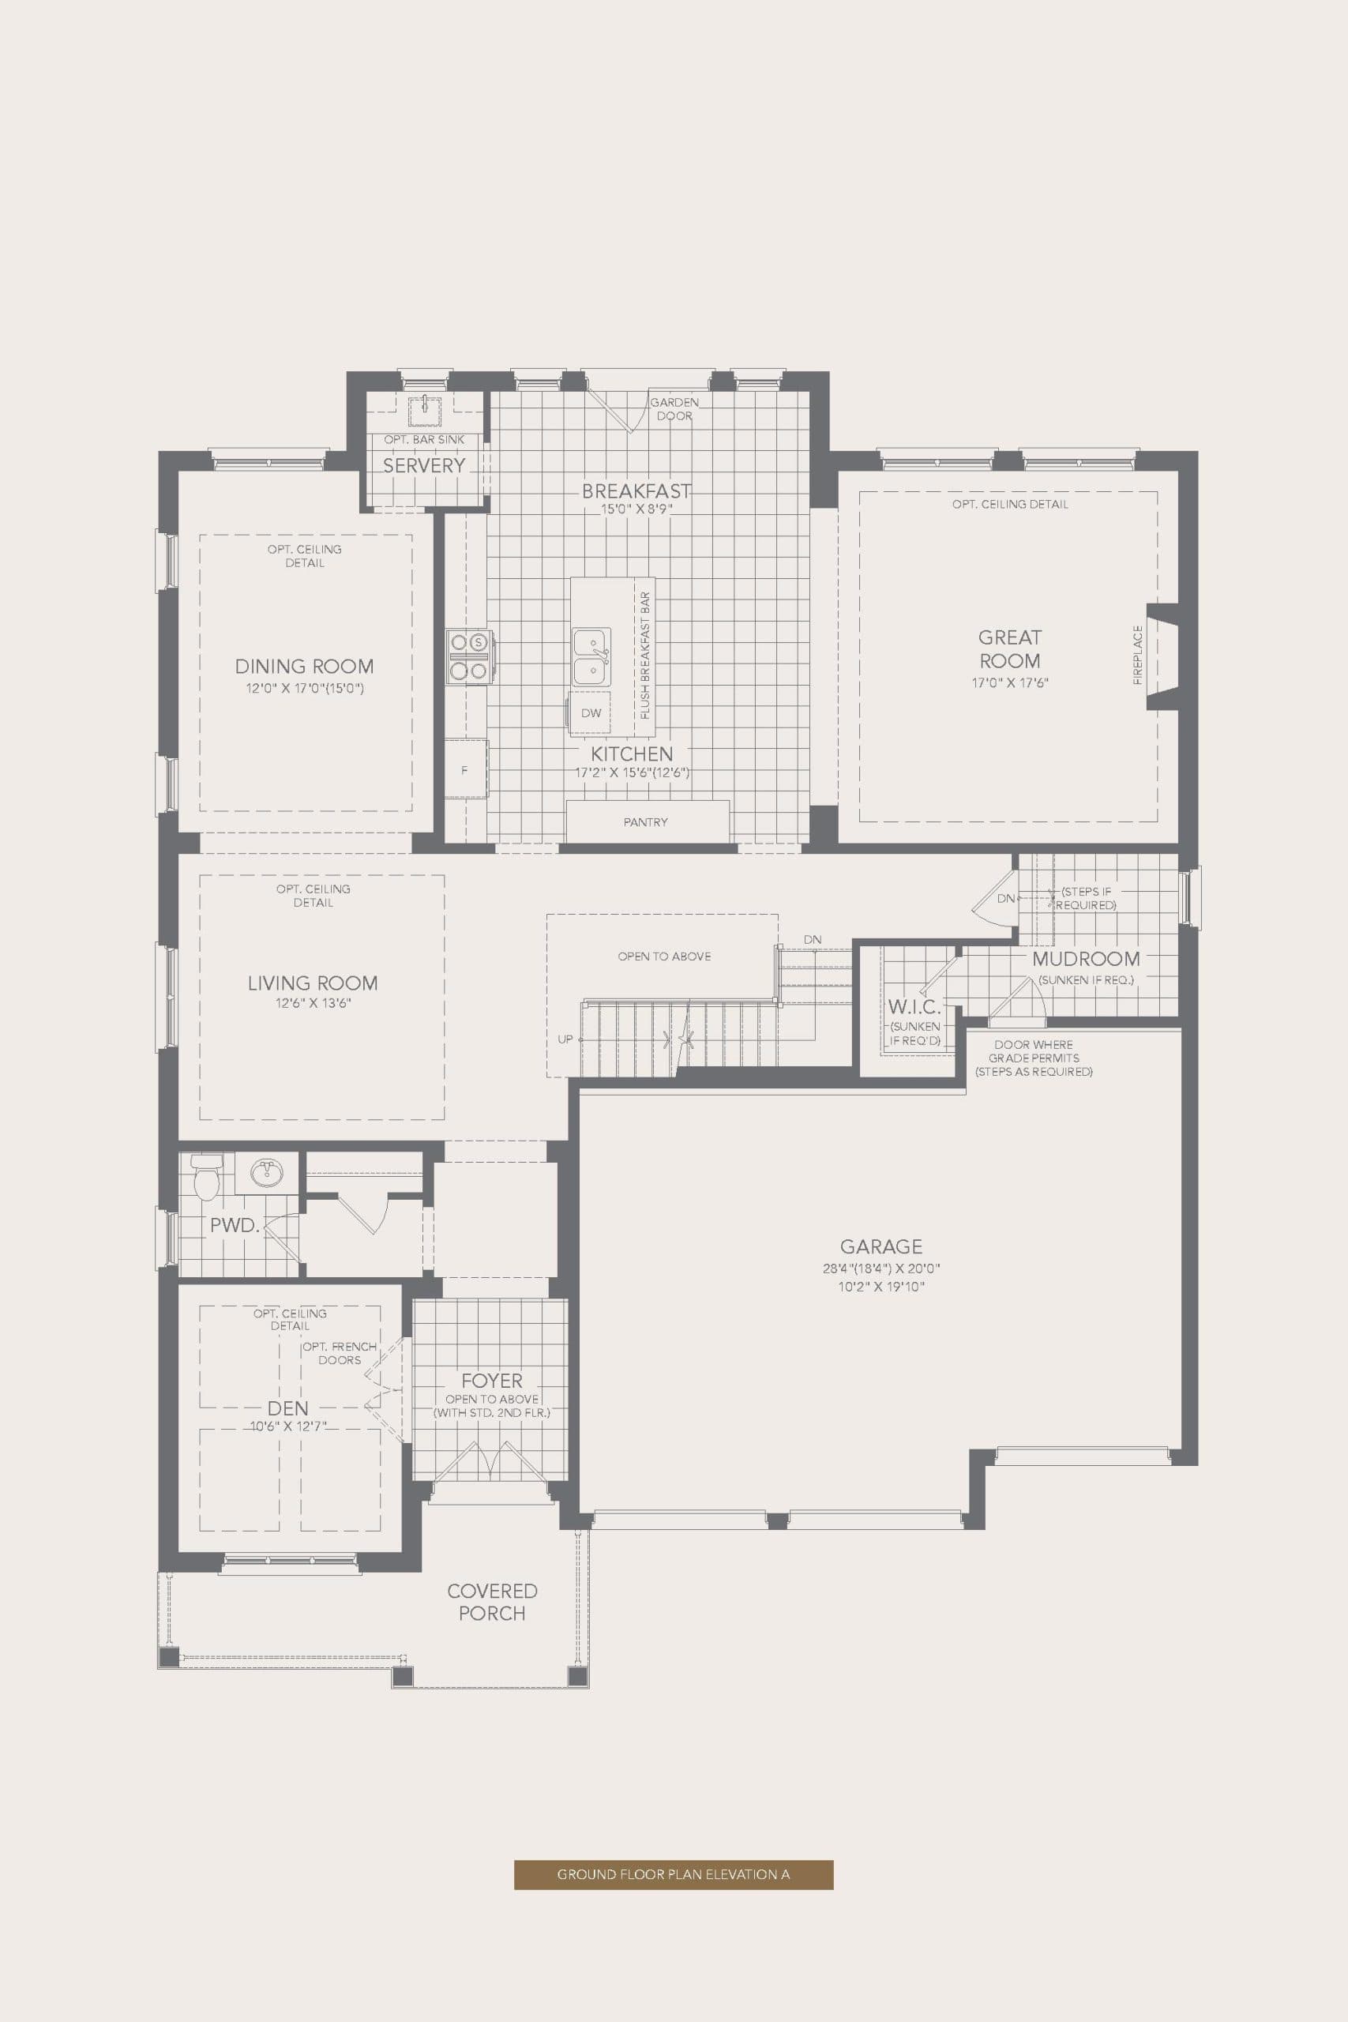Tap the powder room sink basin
[x=266, y=1173]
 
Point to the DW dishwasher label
[x=591, y=712]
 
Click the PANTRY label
[x=646, y=822]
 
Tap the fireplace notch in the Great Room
[x=1161, y=657]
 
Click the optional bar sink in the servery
[x=425, y=408]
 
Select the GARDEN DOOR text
[x=674, y=409]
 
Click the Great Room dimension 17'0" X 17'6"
[x=1009, y=682]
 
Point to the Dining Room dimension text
[x=304, y=688]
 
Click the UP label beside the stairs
[x=565, y=1039]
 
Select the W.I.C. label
[x=914, y=1007]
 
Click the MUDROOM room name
[x=1086, y=959]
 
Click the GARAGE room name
[x=881, y=1246]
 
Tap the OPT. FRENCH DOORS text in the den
[x=340, y=1353]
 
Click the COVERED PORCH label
[x=492, y=1602]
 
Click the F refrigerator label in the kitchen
[x=464, y=770]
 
